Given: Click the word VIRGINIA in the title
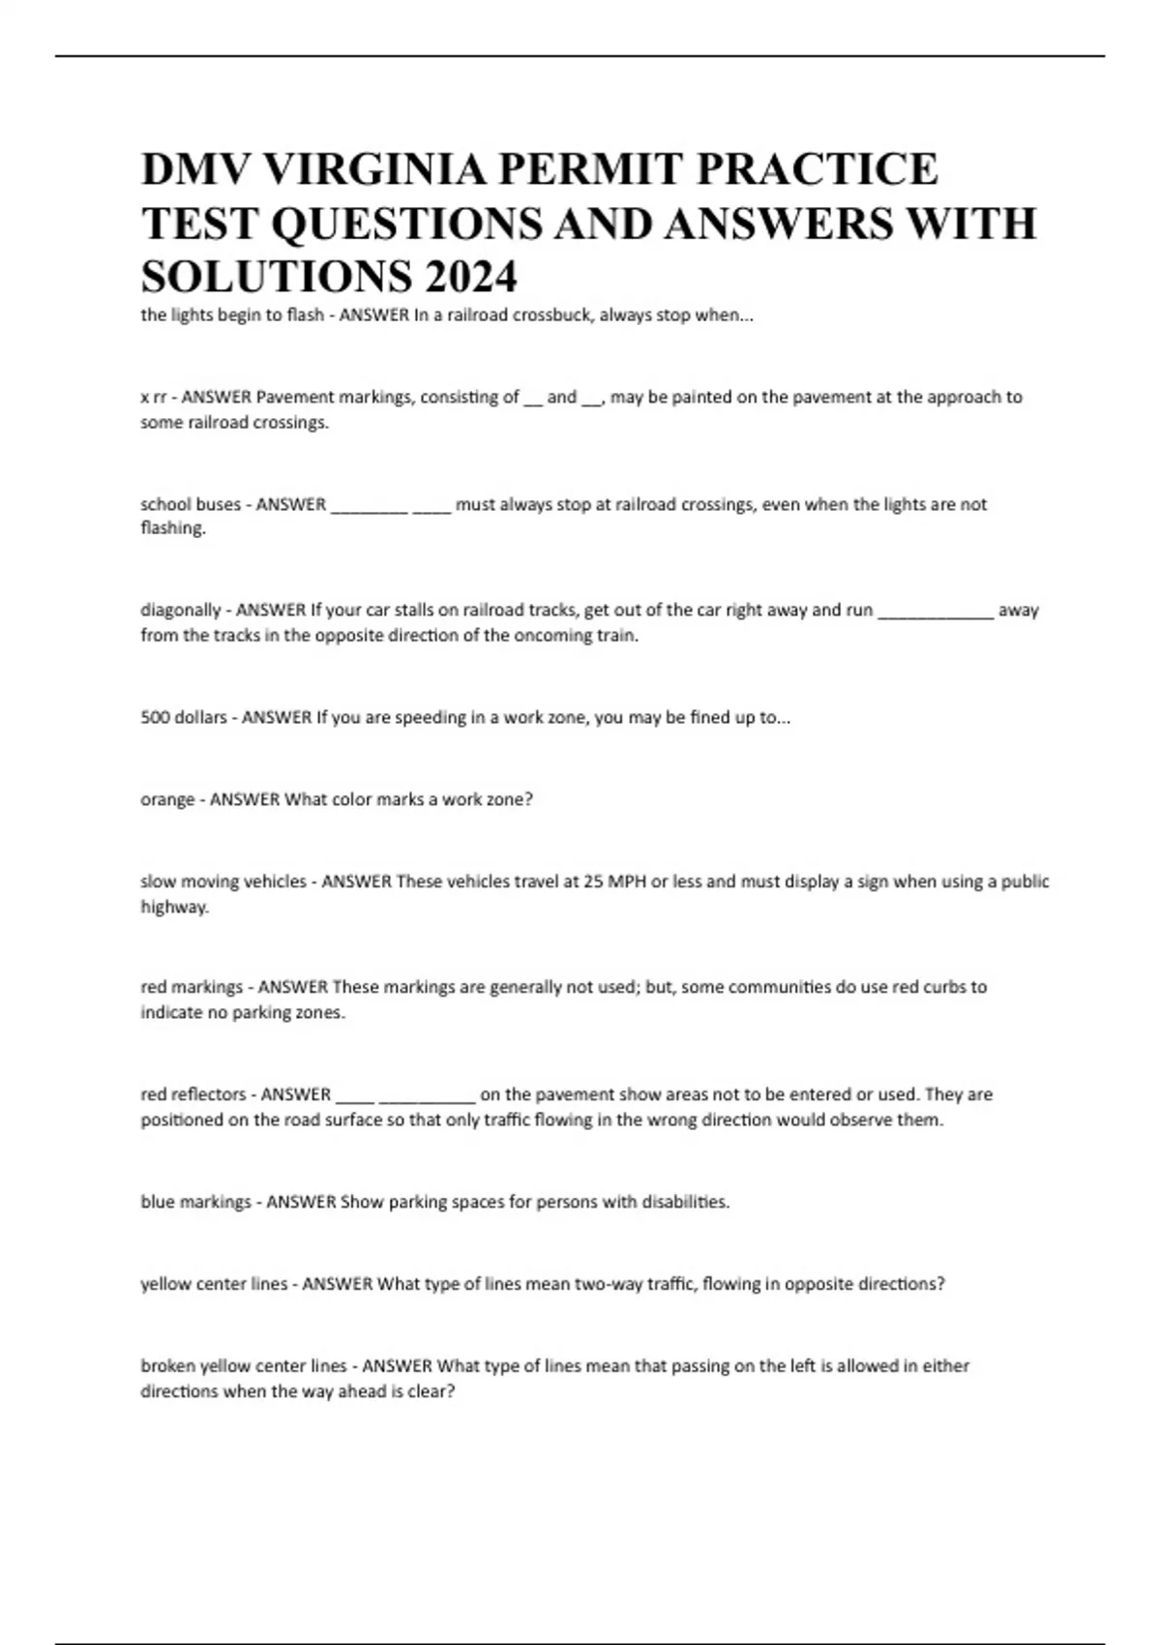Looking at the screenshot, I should [374, 168].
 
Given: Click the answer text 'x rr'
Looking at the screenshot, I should [155, 397].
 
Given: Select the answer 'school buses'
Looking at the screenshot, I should [191, 504].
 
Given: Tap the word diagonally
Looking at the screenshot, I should [181, 611].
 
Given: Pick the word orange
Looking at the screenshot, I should [167, 800].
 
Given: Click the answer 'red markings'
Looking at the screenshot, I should [192, 987].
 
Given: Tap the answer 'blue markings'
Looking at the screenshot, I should [195, 1202].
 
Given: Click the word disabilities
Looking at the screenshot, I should [685, 1202].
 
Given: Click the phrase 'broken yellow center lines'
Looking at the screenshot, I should [244, 1366].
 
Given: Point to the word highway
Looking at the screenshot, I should [174, 908].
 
